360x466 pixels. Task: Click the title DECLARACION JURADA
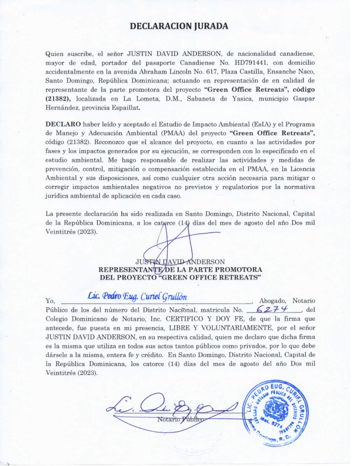(x=180, y=26)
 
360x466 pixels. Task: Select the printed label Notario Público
(x=180, y=420)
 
